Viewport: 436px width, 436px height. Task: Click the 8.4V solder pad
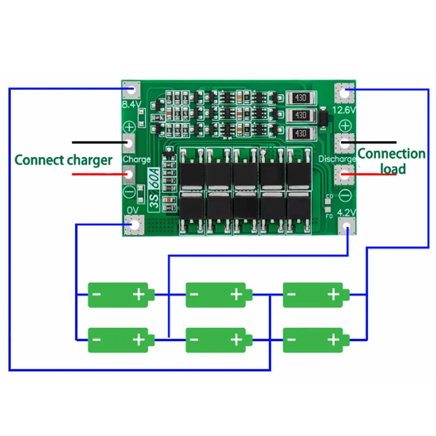[x=131, y=91]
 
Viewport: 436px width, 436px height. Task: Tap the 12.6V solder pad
[x=344, y=93]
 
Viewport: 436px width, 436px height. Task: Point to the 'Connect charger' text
[x=63, y=160]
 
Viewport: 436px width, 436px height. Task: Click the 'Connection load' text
[x=391, y=161]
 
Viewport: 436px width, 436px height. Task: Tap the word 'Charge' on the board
[x=137, y=160]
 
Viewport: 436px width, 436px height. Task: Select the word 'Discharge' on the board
[x=337, y=159]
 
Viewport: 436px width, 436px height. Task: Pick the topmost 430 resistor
[x=300, y=99]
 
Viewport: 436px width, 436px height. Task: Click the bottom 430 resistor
[x=300, y=134]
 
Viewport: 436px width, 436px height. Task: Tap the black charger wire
[x=98, y=143]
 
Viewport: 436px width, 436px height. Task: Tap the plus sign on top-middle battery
[x=236, y=294]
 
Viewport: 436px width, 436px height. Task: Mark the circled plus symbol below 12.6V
[x=344, y=125]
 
